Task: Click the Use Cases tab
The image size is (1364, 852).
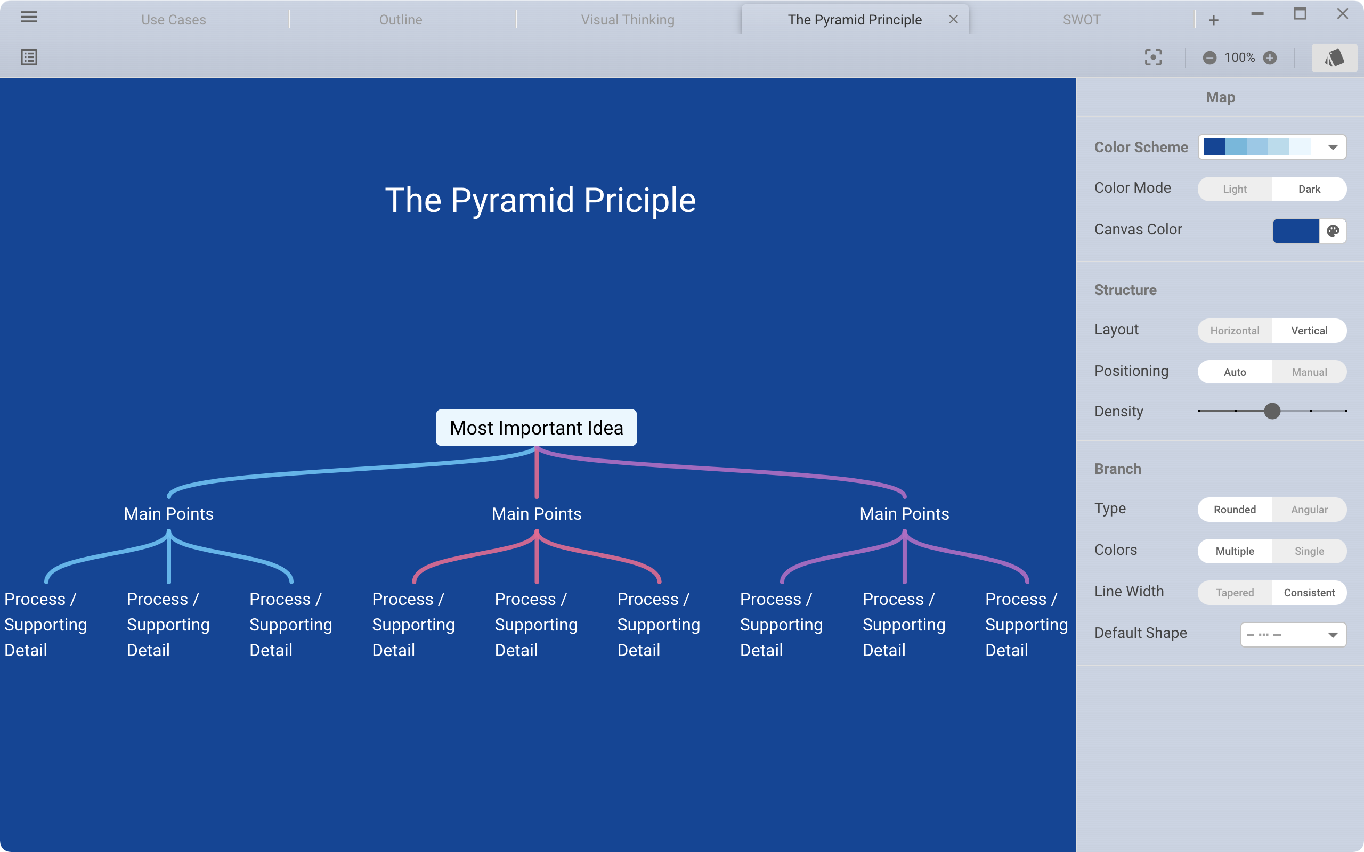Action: pos(174,20)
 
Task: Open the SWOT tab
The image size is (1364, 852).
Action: pos(1081,20)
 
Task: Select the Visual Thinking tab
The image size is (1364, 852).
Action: pos(627,20)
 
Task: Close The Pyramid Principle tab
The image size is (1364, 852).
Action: pos(953,20)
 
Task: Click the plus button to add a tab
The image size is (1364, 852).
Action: pos(1214,21)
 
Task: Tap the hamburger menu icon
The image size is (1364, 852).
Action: pos(29,17)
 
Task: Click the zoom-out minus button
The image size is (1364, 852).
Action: pos(1209,58)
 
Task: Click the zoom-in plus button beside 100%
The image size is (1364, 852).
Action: pos(1270,58)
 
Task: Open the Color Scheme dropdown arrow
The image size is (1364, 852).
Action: pos(1333,148)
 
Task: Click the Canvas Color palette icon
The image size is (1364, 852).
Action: pos(1333,231)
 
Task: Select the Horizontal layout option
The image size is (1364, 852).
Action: pos(1235,331)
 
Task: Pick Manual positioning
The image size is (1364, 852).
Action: pos(1309,372)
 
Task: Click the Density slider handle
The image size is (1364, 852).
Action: pos(1272,411)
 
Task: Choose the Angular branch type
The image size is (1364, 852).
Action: pos(1309,510)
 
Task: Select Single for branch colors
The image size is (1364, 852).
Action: pos(1309,551)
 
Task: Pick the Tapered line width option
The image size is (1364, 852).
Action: pos(1235,593)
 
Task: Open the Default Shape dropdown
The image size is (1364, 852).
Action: pos(1293,635)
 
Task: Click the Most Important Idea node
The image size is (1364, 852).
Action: pos(536,428)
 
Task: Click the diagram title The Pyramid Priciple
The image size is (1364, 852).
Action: pos(540,201)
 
